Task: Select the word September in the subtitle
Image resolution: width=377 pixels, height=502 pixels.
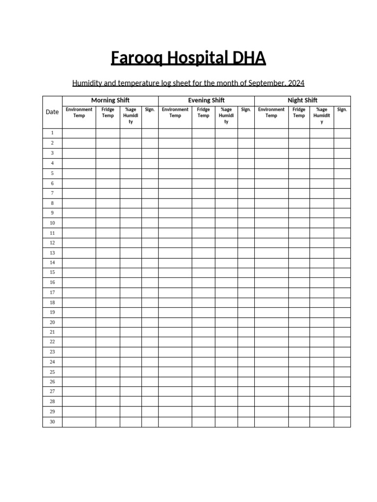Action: pyautogui.click(x=267, y=83)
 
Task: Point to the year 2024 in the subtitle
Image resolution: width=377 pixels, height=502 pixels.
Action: pyautogui.click(x=296, y=83)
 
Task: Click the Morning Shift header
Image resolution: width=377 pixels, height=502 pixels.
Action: pyautogui.click(x=110, y=100)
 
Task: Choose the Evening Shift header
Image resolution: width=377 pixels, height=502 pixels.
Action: pyautogui.click(x=206, y=100)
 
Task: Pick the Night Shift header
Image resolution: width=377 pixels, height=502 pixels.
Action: pyautogui.click(x=302, y=100)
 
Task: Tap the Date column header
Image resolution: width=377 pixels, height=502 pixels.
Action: pyautogui.click(x=52, y=112)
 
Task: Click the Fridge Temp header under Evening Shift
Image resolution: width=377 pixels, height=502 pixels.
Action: pyautogui.click(x=203, y=113)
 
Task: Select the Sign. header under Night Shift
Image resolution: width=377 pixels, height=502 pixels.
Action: pyautogui.click(x=342, y=110)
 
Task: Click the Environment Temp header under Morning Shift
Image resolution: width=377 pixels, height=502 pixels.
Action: pyautogui.click(x=79, y=113)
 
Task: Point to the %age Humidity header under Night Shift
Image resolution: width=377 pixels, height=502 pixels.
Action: pyautogui.click(x=322, y=116)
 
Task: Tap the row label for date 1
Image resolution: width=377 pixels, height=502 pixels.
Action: pyautogui.click(x=52, y=133)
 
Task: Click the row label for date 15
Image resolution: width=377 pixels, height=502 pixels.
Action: pyautogui.click(x=52, y=272)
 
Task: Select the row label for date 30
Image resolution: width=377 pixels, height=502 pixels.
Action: pyautogui.click(x=52, y=422)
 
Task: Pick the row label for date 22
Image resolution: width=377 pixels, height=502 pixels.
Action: pyautogui.click(x=52, y=342)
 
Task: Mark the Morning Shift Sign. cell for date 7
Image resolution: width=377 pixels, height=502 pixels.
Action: pyautogui.click(x=150, y=193)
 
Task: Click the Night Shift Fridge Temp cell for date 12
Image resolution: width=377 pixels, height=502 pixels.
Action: pyautogui.click(x=299, y=243)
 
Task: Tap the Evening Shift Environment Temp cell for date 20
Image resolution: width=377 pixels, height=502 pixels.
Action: pyautogui.click(x=175, y=322)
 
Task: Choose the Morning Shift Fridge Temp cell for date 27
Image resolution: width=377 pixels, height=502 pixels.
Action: pyautogui.click(x=108, y=392)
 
